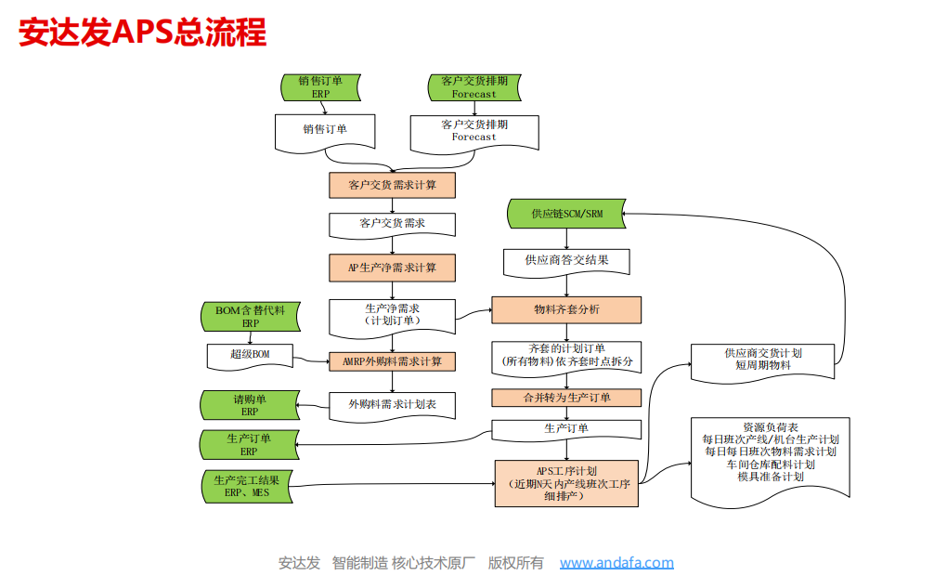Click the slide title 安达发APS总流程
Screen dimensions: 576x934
coord(143,33)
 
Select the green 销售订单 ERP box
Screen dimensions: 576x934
coord(320,87)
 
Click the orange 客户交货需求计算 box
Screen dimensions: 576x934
coord(392,185)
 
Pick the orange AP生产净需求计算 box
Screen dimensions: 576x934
coord(392,268)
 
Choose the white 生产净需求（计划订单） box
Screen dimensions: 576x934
coord(392,315)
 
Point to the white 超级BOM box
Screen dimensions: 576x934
coord(250,355)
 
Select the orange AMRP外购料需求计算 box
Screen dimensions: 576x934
coord(392,360)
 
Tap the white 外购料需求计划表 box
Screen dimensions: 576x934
coord(392,405)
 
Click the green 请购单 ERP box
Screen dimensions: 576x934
coord(250,405)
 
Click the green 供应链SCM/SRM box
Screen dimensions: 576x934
coord(566,214)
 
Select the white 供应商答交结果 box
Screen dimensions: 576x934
coord(566,261)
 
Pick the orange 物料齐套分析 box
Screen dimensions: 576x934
coord(566,309)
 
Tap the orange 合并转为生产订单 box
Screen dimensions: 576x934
coord(566,398)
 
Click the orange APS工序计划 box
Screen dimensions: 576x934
coord(566,483)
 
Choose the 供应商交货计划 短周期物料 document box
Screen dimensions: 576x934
coord(762,360)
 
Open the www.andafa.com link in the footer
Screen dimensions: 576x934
coord(616,562)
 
